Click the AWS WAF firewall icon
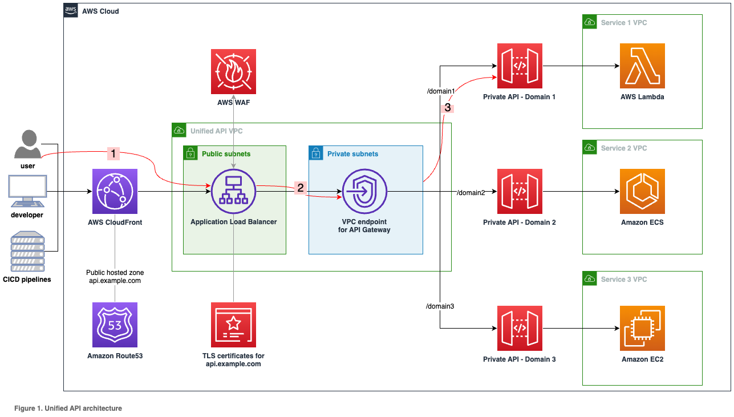(x=233, y=71)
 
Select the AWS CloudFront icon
(x=115, y=192)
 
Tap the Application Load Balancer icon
(x=233, y=192)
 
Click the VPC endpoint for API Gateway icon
(x=364, y=192)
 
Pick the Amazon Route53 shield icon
(x=115, y=325)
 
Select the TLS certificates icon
(x=233, y=325)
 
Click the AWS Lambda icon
(x=642, y=66)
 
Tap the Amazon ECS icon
(x=642, y=192)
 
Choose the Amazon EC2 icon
(x=642, y=329)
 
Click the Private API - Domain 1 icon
(x=519, y=66)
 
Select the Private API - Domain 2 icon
(x=519, y=192)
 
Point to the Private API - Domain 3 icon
(x=519, y=329)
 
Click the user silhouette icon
(x=27, y=144)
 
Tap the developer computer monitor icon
(x=27, y=192)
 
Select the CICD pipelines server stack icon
(x=27, y=251)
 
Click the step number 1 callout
(x=113, y=153)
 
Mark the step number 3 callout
(x=448, y=107)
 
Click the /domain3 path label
(x=440, y=306)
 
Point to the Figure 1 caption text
(x=68, y=408)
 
